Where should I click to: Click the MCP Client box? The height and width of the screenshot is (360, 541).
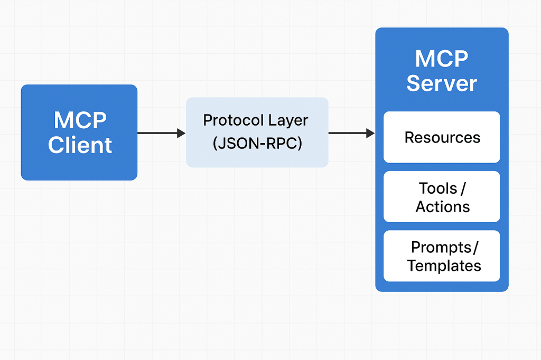tap(79, 132)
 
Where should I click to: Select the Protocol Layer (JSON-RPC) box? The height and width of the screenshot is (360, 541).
tap(257, 132)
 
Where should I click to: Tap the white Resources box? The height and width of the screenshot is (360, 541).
tap(442, 137)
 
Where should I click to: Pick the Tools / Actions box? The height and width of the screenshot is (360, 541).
tap(442, 197)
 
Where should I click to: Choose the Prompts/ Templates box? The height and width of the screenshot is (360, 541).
tap(442, 256)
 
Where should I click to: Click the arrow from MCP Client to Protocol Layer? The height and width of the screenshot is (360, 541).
tap(161, 133)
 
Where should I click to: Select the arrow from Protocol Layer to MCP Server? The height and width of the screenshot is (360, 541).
tap(351, 133)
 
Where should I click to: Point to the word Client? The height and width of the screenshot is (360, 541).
tap(80, 145)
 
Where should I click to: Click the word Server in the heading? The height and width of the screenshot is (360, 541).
tap(442, 83)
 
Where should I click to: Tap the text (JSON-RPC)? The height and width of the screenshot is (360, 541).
tap(257, 144)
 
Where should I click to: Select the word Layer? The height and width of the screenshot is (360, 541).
tap(287, 120)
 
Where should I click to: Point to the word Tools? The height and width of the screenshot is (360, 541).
tap(437, 188)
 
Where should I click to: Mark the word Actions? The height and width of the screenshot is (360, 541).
tap(442, 206)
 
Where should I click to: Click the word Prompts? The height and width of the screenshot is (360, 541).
tap(441, 247)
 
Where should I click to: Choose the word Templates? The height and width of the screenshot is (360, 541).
tap(444, 266)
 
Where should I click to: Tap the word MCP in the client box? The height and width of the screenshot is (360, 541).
tap(80, 121)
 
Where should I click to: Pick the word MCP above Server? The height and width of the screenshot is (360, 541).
tap(442, 59)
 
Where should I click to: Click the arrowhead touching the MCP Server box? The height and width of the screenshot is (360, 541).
tap(370, 133)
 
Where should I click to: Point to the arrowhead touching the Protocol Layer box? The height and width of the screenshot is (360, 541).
tap(181, 133)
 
